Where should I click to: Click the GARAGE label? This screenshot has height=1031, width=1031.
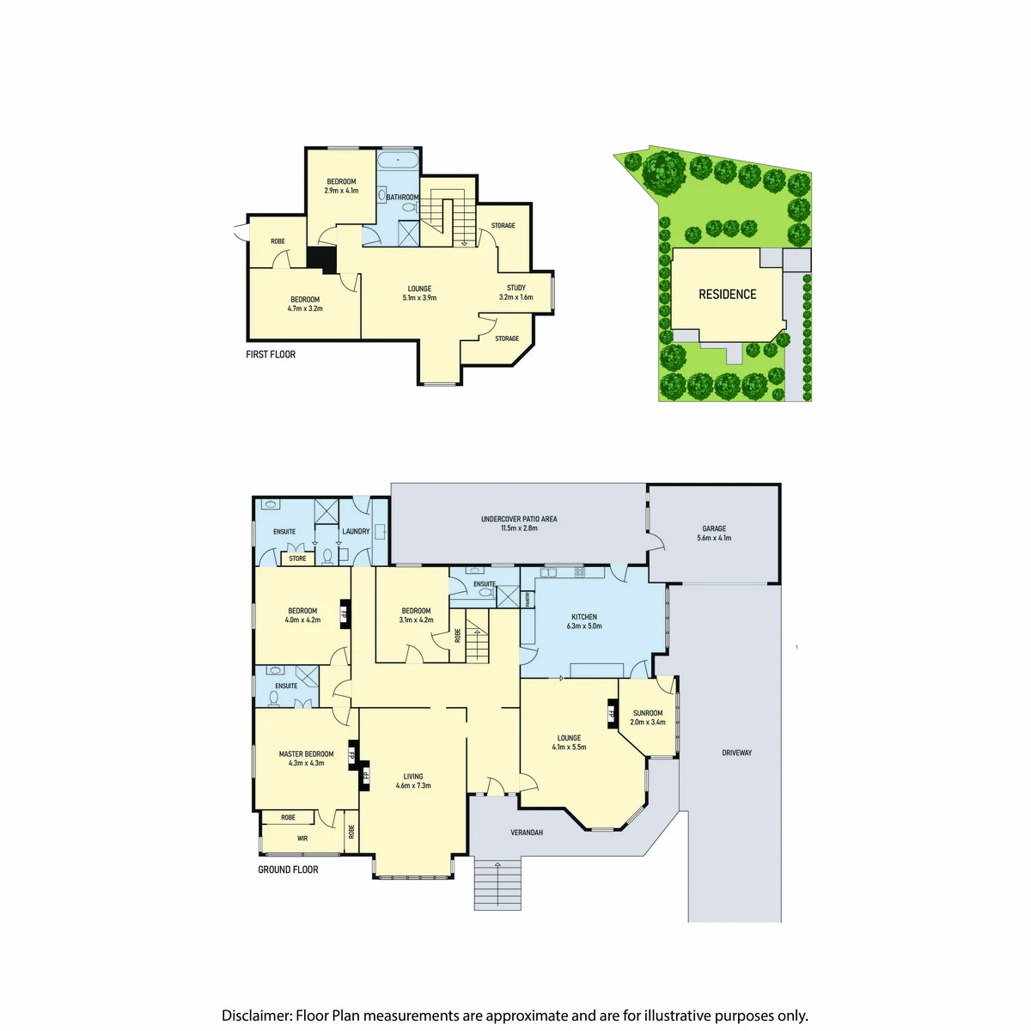click(714, 528)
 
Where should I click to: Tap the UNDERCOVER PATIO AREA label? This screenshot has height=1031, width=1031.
click(518, 519)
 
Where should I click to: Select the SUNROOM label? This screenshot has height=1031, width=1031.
click(648, 712)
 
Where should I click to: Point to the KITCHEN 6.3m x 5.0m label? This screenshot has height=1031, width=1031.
click(583, 621)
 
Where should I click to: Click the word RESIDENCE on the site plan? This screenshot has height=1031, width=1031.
click(727, 295)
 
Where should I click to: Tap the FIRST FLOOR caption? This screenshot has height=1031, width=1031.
click(270, 354)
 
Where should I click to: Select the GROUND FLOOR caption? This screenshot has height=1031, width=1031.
click(288, 869)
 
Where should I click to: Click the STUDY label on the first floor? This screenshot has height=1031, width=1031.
click(515, 288)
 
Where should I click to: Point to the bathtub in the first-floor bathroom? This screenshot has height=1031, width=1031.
click(398, 160)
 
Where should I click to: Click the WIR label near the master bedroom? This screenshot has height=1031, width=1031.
click(302, 839)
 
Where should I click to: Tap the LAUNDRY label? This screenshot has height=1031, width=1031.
click(356, 531)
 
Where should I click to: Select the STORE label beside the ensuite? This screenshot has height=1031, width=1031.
click(297, 558)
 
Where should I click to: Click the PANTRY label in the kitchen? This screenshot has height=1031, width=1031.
click(528, 599)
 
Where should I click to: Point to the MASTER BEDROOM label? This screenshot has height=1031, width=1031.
click(306, 753)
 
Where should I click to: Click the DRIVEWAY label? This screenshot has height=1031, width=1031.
click(736, 753)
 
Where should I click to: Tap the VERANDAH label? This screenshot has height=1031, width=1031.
click(527, 833)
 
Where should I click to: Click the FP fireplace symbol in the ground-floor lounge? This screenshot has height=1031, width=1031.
click(612, 713)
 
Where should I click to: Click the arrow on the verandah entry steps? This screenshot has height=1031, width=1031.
click(497, 882)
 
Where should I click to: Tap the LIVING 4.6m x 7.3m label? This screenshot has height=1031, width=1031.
click(413, 781)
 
